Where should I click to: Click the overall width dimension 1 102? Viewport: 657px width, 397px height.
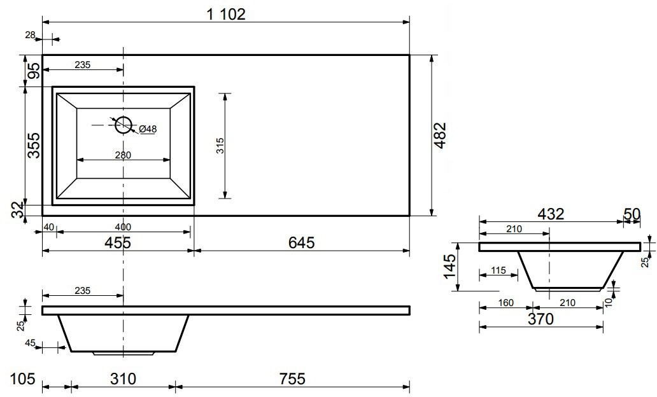click(x=226, y=14)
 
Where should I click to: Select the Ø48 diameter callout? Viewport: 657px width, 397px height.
click(x=148, y=129)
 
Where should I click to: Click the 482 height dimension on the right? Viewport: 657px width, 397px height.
click(x=441, y=136)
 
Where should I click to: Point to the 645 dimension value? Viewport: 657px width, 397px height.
click(x=301, y=242)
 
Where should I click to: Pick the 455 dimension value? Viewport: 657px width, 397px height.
click(x=118, y=242)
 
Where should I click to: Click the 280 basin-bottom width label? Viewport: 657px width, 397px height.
click(x=123, y=155)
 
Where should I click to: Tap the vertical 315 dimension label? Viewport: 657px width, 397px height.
click(x=220, y=146)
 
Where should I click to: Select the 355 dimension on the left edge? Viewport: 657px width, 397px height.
click(x=34, y=145)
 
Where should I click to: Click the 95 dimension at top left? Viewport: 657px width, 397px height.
click(x=35, y=71)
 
